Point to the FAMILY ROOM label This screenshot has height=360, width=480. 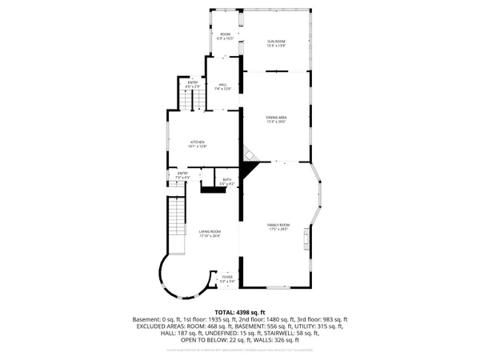coord(278,227)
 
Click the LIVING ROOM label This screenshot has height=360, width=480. coord(210,234)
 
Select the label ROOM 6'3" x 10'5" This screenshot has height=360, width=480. coord(226,36)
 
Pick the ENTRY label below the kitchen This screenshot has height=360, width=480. coord(182,174)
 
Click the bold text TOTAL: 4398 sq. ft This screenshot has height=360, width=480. coord(239,313)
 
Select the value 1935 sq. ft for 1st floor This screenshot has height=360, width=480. coord(210,319)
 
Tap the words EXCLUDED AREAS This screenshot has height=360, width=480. coord(158,326)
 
